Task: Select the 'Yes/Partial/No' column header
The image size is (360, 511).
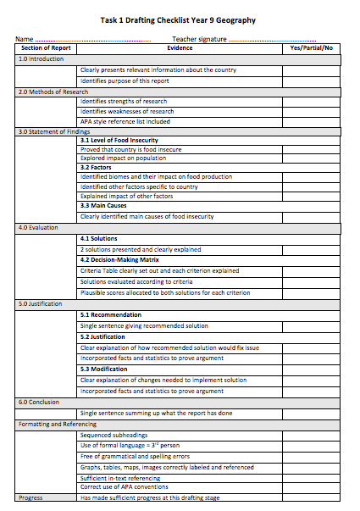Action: pyautogui.click(x=311, y=48)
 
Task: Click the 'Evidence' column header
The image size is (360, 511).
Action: pyautogui.click(x=180, y=48)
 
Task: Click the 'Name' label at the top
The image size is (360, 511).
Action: pyautogui.click(x=25, y=39)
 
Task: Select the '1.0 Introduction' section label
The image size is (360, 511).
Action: pyautogui.click(x=42, y=59)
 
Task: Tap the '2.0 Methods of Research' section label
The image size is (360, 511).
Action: pyautogui.click(x=52, y=92)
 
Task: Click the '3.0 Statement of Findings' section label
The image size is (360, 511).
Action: pyautogui.click(x=53, y=131)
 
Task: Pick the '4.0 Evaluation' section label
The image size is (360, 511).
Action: pyautogui.click(x=38, y=227)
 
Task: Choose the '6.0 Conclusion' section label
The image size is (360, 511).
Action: pyautogui.click(x=39, y=402)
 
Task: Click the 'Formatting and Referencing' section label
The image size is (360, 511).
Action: pyautogui.click(x=54, y=423)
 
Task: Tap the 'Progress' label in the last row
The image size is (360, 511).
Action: pyautogui.click(x=30, y=498)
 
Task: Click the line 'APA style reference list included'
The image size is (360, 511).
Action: pyautogui.click(x=125, y=121)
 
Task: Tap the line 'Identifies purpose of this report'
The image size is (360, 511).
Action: pyautogui.click(x=125, y=81)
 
